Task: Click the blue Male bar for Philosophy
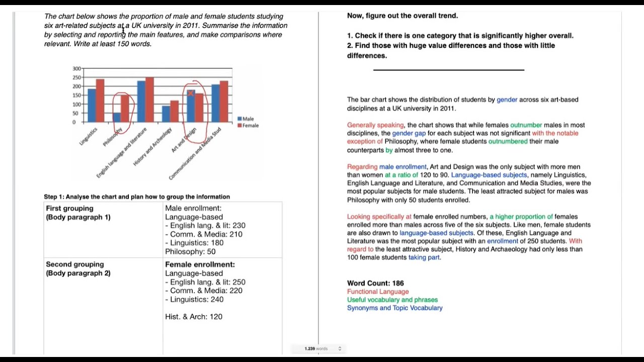click(x=116, y=117)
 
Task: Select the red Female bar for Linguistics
click(x=100, y=101)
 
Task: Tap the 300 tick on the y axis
click(x=76, y=68)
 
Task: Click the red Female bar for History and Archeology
click(x=174, y=111)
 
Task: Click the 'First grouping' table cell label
click(x=69, y=208)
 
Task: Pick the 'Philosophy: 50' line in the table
click(x=190, y=251)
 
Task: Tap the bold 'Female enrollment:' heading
click(x=200, y=264)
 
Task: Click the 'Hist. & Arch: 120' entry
click(x=194, y=316)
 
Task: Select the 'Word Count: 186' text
click(x=375, y=283)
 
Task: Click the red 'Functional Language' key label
click(x=378, y=292)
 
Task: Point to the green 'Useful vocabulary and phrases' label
click(x=392, y=300)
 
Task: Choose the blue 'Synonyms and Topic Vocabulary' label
click(x=394, y=308)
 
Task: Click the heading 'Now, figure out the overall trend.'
click(x=403, y=16)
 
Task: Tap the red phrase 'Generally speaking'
click(x=375, y=125)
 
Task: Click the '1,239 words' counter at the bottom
click(x=316, y=348)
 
